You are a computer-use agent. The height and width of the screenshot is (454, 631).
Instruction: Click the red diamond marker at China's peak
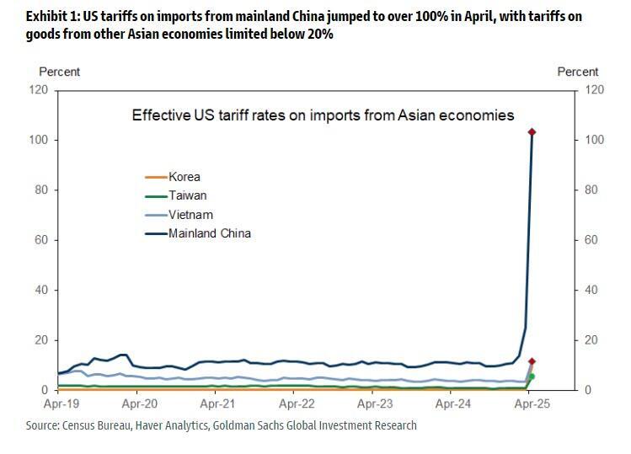[x=532, y=132]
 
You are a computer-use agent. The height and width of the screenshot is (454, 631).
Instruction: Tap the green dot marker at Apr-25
[x=531, y=377]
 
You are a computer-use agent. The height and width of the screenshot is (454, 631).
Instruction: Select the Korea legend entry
[x=184, y=177]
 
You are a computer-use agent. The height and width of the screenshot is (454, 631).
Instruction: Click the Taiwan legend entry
[x=187, y=195]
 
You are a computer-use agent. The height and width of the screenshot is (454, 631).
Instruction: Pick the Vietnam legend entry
[x=190, y=215]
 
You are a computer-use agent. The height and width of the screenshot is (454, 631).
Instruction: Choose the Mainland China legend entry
[x=210, y=233]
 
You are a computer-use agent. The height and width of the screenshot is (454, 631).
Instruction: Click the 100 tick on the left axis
[x=39, y=140]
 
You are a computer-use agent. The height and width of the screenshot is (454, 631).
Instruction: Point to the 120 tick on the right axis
[x=594, y=89]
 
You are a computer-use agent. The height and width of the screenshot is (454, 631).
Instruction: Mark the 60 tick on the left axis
[x=41, y=240]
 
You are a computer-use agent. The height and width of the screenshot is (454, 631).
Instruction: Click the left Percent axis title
[x=60, y=72]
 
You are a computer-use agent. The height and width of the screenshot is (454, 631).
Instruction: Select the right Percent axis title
[x=577, y=72]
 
